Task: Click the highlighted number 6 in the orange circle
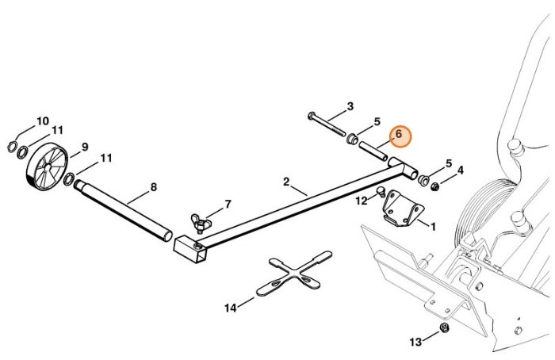coord(400,136)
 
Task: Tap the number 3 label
coord(350,106)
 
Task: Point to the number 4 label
coord(460,170)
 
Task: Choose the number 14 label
coord(231,307)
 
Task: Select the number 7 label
coord(228,204)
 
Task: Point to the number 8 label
coord(153,187)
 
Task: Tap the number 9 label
coord(84,146)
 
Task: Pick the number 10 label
coord(43,121)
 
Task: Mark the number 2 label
coord(286,182)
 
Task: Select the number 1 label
coord(433,226)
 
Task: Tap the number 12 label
coord(361,201)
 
